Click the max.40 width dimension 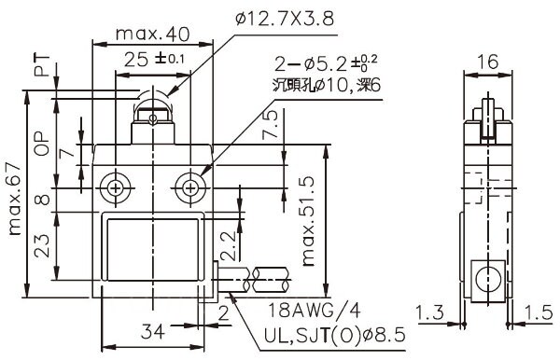[152, 34]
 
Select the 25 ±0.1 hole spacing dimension [154, 60]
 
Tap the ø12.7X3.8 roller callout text [285, 19]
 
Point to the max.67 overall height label [15, 200]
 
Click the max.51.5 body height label [308, 221]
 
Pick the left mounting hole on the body [116, 188]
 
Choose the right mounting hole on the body [190, 188]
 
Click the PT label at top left [42, 65]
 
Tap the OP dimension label [42, 144]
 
